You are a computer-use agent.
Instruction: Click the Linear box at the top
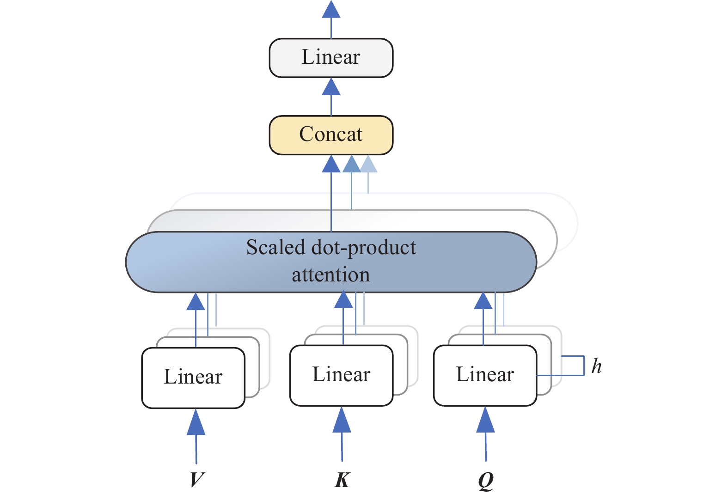[331, 58]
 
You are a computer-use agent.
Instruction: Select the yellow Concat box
[331, 135]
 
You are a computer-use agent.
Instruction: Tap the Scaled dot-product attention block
[331, 262]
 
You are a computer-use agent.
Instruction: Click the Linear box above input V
[193, 378]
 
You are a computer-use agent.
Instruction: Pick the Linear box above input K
[342, 375]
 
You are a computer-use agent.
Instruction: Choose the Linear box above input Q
[485, 375]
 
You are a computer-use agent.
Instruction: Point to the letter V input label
[196, 480]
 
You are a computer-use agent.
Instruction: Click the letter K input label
[342, 480]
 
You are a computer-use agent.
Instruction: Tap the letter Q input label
[486, 481]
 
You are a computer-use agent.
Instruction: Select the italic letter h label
[596, 366]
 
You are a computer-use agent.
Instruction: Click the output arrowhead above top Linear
[331, 9]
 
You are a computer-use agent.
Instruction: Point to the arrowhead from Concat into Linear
[331, 87]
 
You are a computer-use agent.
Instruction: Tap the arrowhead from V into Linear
[196, 422]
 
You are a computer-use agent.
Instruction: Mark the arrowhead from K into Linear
[342, 420]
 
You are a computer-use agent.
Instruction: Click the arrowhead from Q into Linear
[485, 420]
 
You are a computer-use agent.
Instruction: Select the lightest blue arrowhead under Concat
[368, 165]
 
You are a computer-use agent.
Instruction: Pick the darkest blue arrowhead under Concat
[331, 165]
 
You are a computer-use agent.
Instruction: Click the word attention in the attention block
[331, 275]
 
